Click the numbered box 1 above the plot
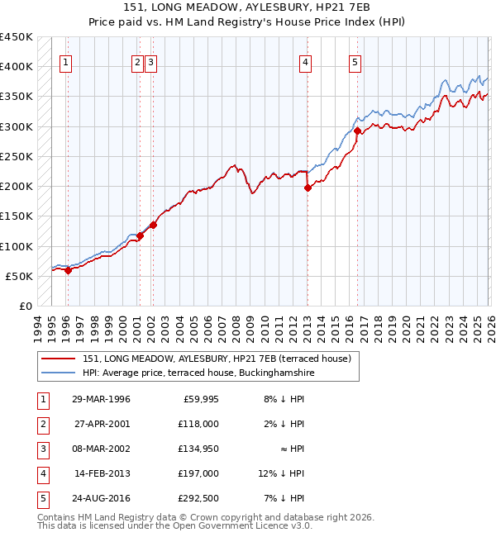[65, 61]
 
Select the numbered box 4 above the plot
[305, 61]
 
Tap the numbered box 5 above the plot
[355, 61]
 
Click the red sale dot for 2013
[308, 188]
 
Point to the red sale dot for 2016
[357, 131]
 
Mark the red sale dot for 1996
[68, 270]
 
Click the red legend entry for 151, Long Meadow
[217, 359]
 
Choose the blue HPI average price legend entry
[198, 373]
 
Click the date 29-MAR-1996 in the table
[101, 399]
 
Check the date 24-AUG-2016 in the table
[101, 498]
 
